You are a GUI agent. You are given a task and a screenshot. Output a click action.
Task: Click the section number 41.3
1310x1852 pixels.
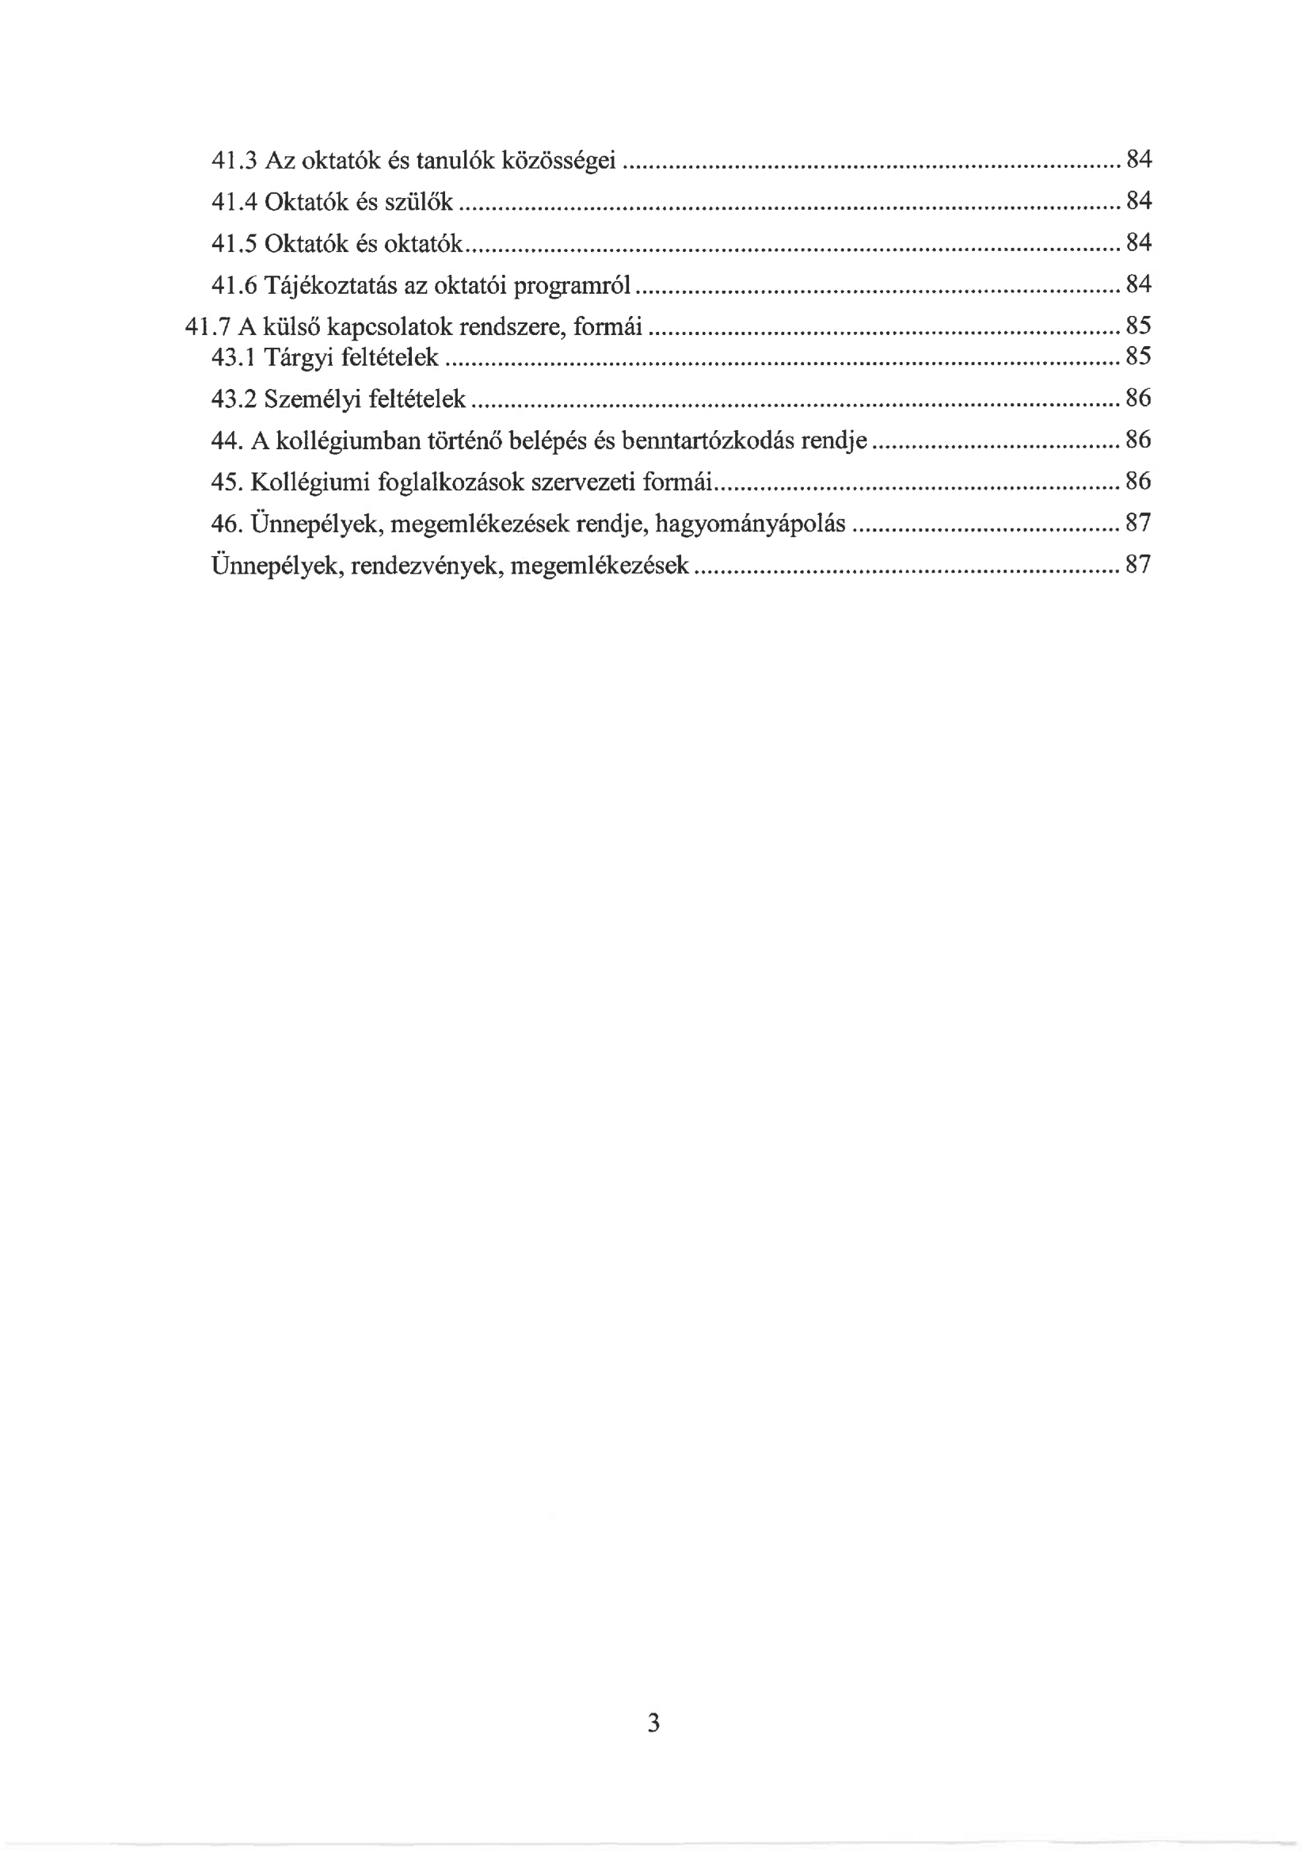(233, 161)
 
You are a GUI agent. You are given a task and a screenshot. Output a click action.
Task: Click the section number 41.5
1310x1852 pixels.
(233, 244)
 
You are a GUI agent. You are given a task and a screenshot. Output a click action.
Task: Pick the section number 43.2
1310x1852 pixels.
(233, 398)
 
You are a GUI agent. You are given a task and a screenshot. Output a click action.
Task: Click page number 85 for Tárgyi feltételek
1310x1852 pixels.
(1138, 356)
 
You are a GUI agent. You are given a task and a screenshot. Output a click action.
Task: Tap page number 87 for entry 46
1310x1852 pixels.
(1138, 524)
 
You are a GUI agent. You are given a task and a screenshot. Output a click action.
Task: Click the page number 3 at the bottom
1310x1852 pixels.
(653, 1723)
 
